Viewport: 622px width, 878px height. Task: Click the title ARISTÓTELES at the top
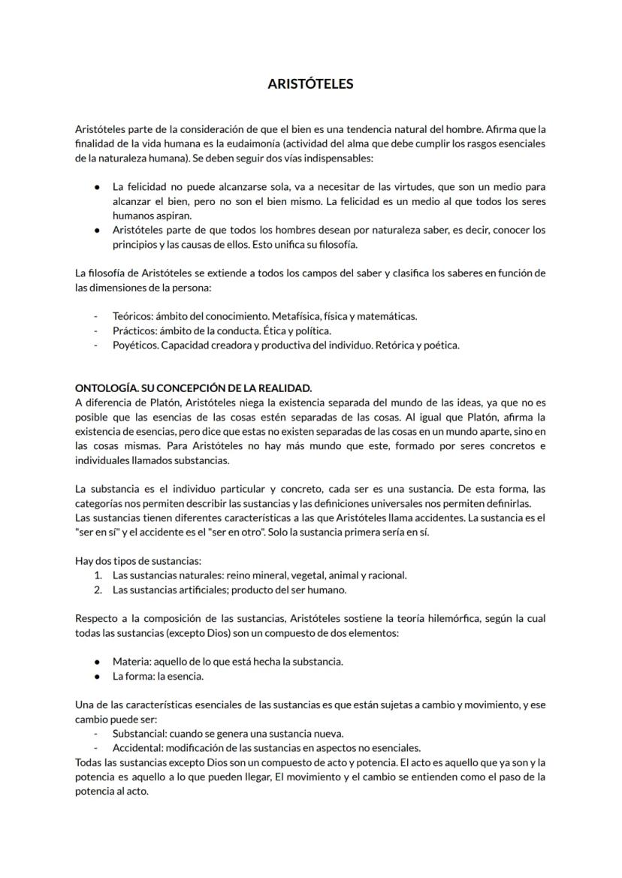click(x=310, y=84)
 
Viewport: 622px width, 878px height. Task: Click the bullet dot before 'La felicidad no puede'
click(x=97, y=186)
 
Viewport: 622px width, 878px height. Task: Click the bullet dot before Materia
click(x=97, y=662)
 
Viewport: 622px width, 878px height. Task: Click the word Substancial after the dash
click(x=139, y=733)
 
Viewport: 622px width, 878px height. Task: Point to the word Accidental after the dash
click(x=138, y=748)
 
